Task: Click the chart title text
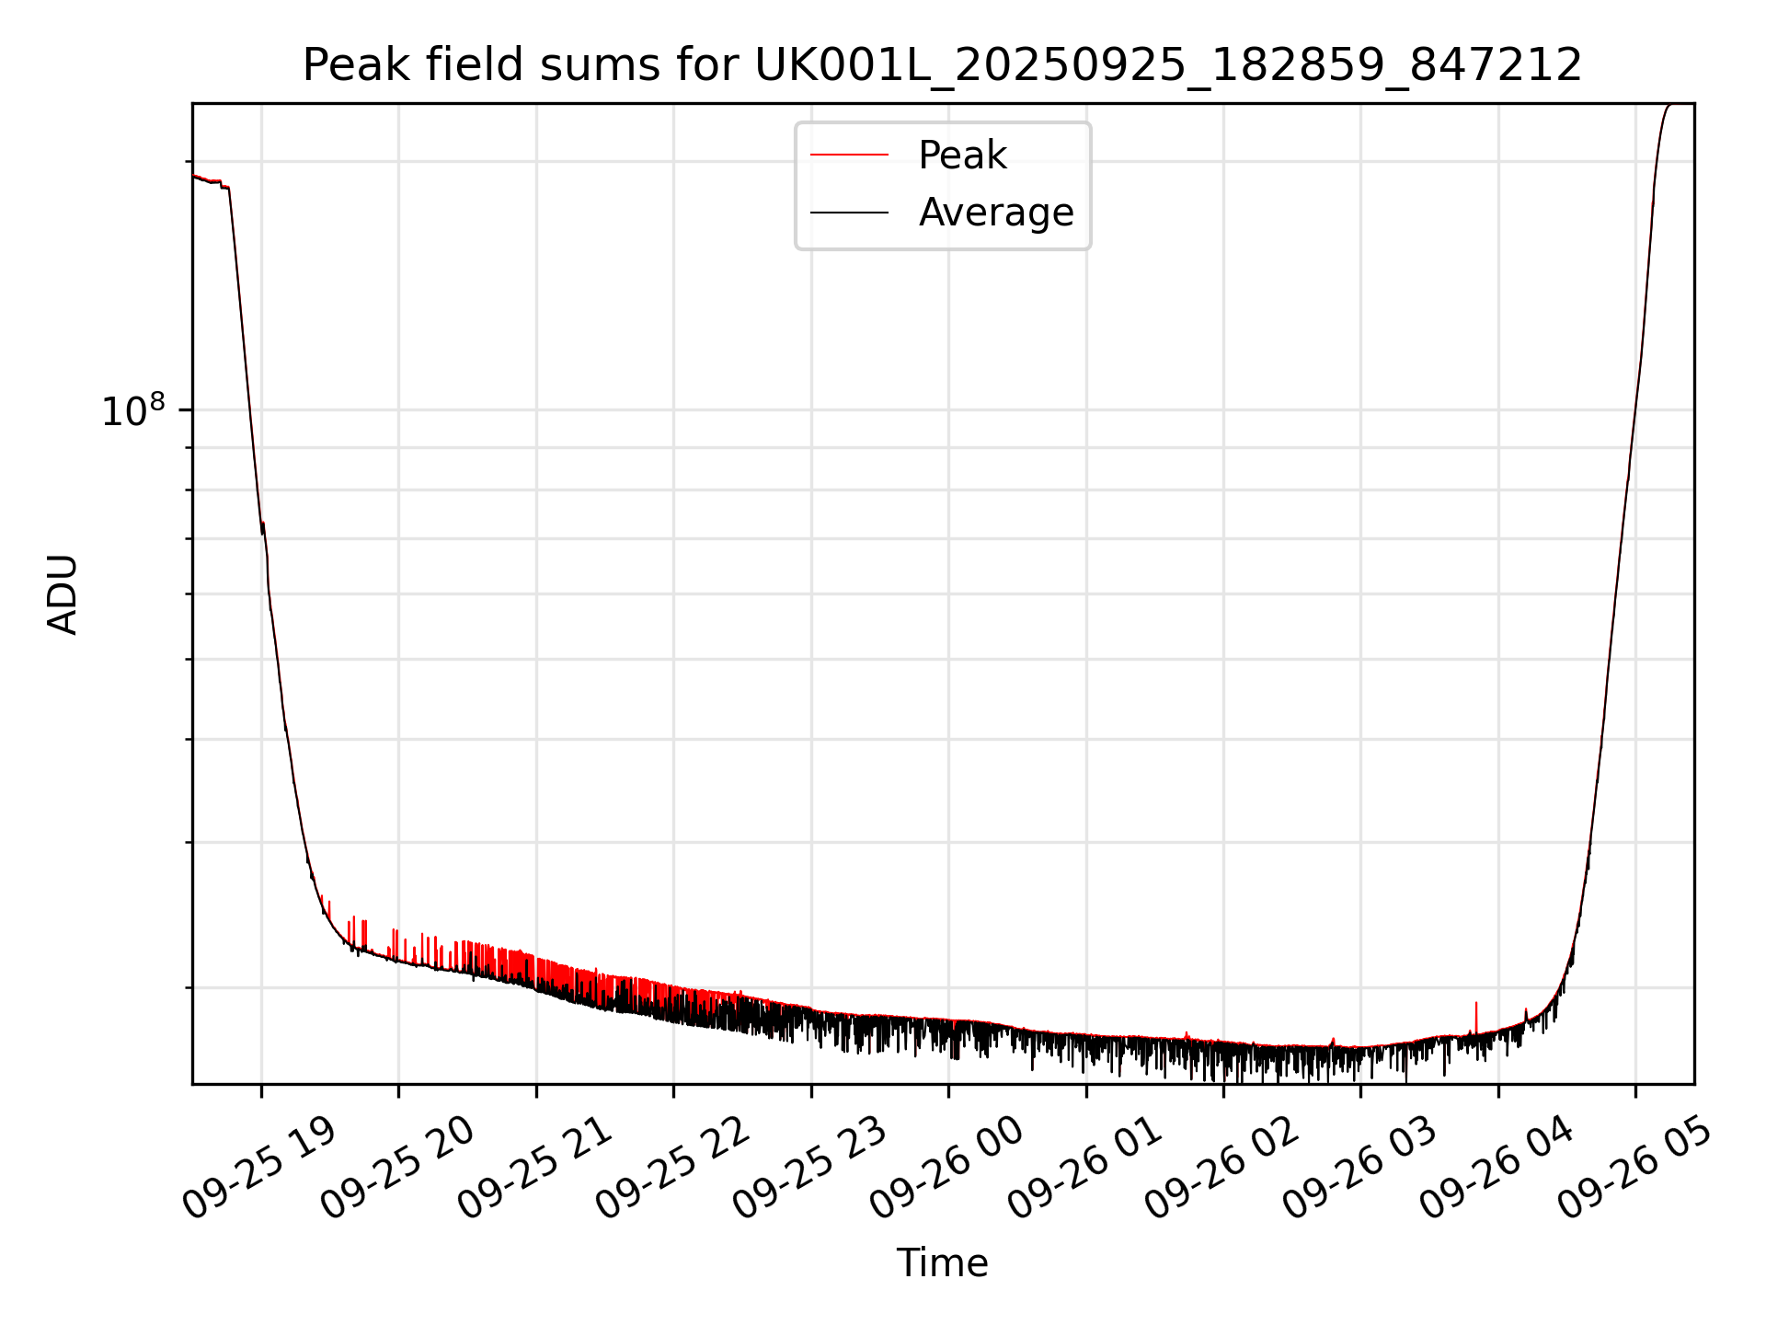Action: [x=942, y=65]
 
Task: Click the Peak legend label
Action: [x=962, y=156]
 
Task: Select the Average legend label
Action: [x=995, y=213]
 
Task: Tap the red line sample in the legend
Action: [x=849, y=156]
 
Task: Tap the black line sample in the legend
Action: [x=849, y=213]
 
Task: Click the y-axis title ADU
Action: [x=63, y=593]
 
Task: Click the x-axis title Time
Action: [x=942, y=1263]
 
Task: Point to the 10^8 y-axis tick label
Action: [x=132, y=411]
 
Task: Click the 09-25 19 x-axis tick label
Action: [x=259, y=1167]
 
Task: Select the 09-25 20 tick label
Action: [x=397, y=1167]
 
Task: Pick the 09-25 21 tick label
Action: [x=534, y=1167]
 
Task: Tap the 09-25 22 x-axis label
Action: [x=672, y=1167]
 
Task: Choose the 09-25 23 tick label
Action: [x=809, y=1167]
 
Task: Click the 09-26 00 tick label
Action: [x=947, y=1167]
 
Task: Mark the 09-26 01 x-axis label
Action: [x=1084, y=1167]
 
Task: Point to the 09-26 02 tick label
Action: [x=1222, y=1167]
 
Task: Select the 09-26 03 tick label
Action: [x=1359, y=1167]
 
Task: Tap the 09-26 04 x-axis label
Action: [x=1497, y=1167]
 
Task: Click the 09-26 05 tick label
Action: [x=1634, y=1167]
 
